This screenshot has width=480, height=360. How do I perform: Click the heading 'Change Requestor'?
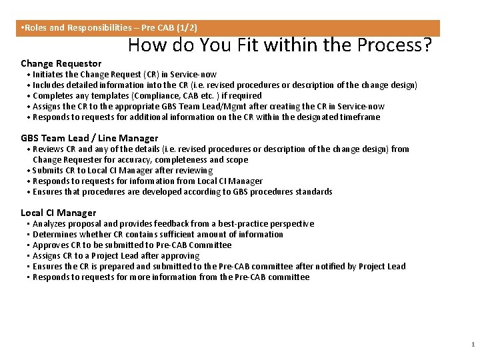point(61,63)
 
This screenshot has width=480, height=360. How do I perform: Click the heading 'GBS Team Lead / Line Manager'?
point(89,138)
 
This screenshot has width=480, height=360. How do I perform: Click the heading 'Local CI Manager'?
point(59,213)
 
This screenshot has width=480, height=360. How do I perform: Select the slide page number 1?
point(472,345)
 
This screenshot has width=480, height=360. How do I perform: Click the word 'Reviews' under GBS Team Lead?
point(48,149)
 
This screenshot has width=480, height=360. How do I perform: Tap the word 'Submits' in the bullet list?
point(48,171)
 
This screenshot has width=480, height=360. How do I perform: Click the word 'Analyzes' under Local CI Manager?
point(50,224)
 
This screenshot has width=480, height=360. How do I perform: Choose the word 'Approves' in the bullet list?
point(51,245)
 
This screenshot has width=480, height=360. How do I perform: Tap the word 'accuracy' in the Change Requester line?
point(135,160)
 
